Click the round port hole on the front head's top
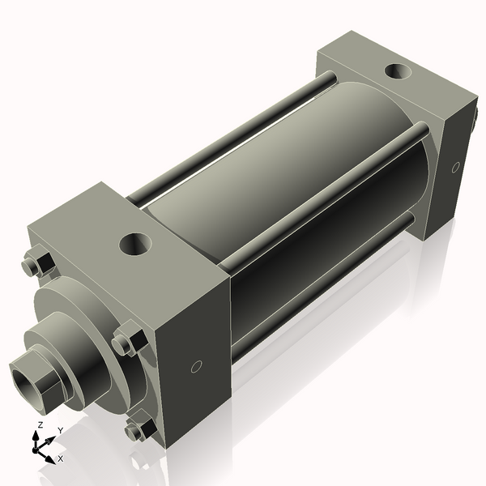(x=134, y=242)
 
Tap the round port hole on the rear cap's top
(x=396, y=71)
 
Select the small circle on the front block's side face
(x=195, y=367)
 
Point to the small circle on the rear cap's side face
(x=455, y=168)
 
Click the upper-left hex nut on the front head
(x=36, y=264)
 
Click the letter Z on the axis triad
(x=40, y=425)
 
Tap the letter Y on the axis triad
(x=61, y=430)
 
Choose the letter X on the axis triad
(x=60, y=458)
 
